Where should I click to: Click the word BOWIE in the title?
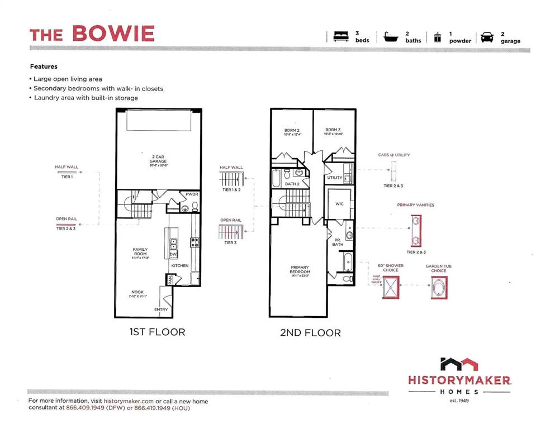click(x=113, y=34)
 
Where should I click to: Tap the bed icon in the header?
click(x=340, y=37)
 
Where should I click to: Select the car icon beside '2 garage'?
click(x=487, y=37)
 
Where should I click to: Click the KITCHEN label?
click(x=179, y=266)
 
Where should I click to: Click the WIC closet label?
click(x=339, y=204)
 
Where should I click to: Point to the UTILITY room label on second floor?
click(x=335, y=178)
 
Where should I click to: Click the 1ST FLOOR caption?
click(x=157, y=332)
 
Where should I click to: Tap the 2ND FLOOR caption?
click(x=310, y=332)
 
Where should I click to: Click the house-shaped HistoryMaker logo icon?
click(x=459, y=364)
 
